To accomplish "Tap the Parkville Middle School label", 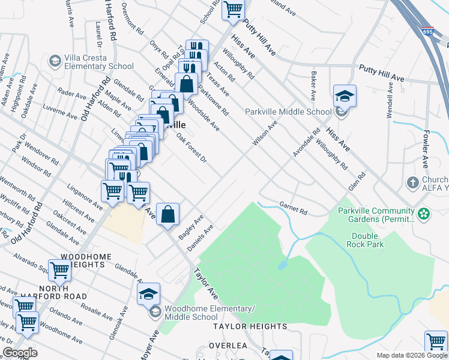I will coord(288,112).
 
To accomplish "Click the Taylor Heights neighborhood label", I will coord(250,326).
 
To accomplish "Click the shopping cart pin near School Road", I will coord(233,10).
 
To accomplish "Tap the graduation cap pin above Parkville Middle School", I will coord(345,96).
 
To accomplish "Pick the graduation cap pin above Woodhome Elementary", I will coord(148,294).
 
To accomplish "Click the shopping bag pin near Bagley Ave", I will coord(168,213).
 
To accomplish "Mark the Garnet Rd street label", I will coord(293,208).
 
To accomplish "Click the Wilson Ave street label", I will coord(265,133).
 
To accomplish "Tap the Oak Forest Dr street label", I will coord(191,148).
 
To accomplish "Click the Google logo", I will coord(20,353).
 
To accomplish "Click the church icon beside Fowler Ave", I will coord(413,182).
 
